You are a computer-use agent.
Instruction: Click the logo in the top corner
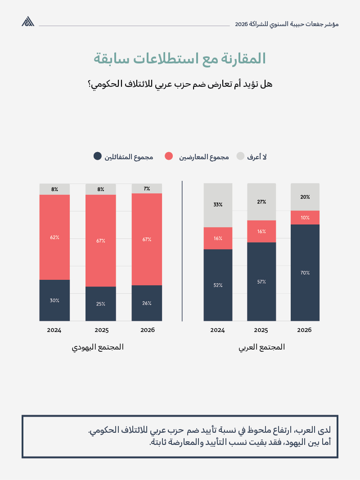(x=28, y=22)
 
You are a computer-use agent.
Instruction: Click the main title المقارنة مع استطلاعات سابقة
(x=180, y=59)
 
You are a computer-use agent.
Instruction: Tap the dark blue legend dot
(x=97, y=156)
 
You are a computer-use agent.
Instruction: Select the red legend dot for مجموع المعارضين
(x=169, y=156)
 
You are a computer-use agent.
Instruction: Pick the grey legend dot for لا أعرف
(x=240, y=156)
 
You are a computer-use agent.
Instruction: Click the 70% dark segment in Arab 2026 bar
(x=305, y=273)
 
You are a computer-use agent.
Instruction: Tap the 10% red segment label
(x=305, y=218)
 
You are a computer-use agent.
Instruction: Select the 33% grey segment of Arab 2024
(x=218, y=205)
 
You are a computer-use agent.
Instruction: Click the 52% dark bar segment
(x=218, y=285)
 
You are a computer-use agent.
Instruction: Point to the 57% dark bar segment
(x=261, y=282)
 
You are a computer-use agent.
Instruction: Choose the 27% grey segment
(x=261, y=202)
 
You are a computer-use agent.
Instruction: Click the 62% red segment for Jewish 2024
(x=54, y=237)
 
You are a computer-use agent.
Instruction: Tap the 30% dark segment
(x=54, y=300)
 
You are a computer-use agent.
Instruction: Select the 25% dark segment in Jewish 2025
(x=101, y=304)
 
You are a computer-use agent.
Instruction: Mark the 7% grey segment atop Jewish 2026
(x=147, y=188)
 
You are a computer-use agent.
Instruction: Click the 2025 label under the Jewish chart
(x=101, y=330)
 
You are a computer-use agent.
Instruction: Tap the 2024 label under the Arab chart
(x=218, y=330)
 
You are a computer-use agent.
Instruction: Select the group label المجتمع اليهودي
(x=98, y=347)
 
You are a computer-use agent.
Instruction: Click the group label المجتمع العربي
(x=261, y=347)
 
